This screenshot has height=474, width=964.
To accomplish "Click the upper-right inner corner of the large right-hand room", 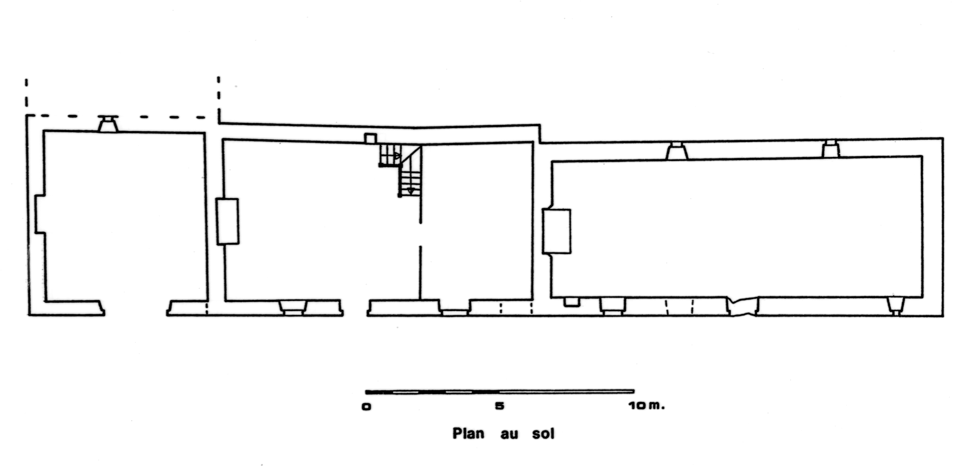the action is (x=922, y=157).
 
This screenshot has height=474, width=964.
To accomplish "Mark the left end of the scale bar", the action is (x=366, y=392).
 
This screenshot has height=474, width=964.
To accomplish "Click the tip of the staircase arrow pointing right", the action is (x=401, y=156).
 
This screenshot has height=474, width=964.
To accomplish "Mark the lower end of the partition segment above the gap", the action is (x=421, y=223).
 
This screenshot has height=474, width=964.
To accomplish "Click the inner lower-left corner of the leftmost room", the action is (x=46, y=301).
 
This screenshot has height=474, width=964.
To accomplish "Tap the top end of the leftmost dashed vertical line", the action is (x=26, y=79).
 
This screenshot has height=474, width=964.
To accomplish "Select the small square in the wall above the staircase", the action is (x=370, y=138).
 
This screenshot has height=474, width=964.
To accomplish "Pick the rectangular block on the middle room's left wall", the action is (x=227, y=222).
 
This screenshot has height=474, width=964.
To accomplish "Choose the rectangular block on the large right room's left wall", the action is (x=557, y=231).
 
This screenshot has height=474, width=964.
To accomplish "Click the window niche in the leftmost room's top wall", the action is (x=108, y=124).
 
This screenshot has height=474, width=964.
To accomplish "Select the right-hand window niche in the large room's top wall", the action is (x=831, y=149).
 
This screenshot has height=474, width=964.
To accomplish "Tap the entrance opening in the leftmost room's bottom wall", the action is (x=136, y=308).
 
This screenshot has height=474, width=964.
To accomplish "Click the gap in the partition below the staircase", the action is (x=421, y=235).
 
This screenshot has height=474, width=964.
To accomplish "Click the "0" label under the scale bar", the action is (x=366, y=407).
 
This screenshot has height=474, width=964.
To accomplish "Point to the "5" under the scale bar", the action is (x=500, y=406).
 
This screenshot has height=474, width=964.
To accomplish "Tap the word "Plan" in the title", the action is (x=469, y=433).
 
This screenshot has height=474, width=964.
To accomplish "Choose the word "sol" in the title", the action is (x=543, y=433).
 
